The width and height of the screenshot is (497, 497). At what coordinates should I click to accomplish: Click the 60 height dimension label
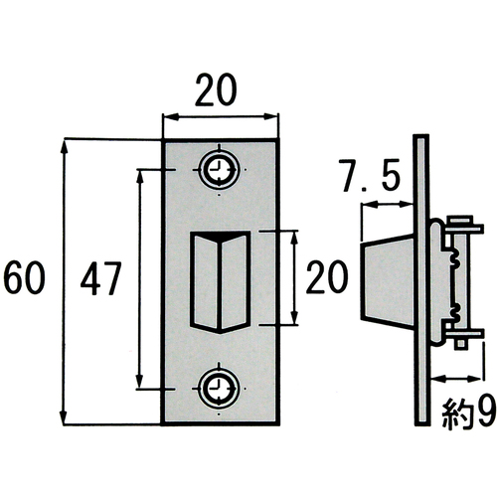point(24,277)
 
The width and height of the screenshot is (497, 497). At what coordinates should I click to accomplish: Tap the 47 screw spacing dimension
point(100,278)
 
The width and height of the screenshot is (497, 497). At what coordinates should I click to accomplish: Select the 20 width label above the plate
point(216,89)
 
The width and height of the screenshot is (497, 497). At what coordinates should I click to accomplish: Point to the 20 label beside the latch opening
point(327,277)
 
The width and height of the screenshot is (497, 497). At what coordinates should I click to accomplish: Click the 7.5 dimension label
point(370,175)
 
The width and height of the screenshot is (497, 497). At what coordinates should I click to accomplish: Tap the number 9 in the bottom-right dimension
point(485,412)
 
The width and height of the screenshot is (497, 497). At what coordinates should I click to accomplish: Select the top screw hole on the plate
point(219,170)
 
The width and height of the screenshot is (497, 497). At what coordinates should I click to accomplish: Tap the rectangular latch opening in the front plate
point(220,281)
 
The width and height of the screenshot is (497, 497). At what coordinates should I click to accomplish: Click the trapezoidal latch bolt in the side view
point(387,279)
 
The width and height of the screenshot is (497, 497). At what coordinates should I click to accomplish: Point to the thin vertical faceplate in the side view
point(420,279)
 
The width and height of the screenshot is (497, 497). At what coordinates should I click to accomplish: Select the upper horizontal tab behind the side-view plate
point(464,229)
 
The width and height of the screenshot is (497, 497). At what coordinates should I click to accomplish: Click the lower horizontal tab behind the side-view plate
point(464,334)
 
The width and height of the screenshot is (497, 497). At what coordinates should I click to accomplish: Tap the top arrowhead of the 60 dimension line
point(64,146)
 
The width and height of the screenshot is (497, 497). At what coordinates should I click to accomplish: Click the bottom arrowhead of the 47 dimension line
point(139,381)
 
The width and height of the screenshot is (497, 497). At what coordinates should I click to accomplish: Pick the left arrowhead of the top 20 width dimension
point(171,116)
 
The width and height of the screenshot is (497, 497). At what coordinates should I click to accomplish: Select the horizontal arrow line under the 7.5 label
point(387,205)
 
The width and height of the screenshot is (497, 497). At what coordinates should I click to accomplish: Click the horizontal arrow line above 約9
point(456,378)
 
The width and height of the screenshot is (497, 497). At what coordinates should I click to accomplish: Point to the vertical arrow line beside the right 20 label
point(294,277)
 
